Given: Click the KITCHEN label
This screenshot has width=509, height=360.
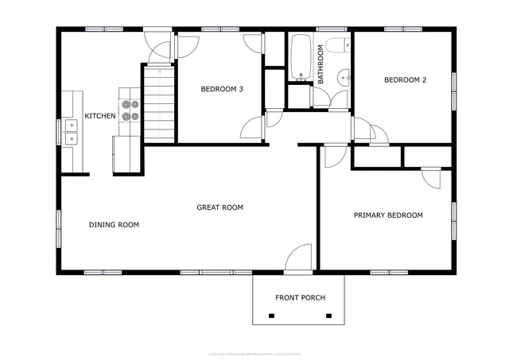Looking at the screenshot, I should click(100, 116).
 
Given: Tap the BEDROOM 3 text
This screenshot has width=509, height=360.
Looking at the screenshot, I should click(221, 89).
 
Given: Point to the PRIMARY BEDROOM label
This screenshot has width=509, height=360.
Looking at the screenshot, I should click(388, 215).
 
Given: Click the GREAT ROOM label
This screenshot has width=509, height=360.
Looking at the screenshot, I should click(220, 207).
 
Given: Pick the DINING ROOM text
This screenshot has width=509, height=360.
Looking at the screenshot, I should click(114, 225).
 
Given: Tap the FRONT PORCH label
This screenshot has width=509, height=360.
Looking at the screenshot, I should click(300, 298).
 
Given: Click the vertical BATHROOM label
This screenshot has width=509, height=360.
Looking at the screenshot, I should click(321, 64).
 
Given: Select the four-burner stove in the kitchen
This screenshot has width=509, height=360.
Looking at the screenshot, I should click(130, 110).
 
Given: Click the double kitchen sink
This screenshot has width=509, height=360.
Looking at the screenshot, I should click(71, 131).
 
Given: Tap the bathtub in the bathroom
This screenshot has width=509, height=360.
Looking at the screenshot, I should click(301, 57).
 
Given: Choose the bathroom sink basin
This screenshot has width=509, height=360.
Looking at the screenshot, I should click(343, 77).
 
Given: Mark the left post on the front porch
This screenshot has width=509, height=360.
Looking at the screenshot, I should click(271, 316).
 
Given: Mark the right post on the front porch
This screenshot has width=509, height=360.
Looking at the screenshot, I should click(328, 316).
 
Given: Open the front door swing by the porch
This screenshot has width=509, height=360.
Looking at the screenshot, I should click(299, 259).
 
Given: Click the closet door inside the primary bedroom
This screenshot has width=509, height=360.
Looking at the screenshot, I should click(430, 176).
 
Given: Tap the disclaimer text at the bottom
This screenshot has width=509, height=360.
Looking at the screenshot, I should click(254, 354).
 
